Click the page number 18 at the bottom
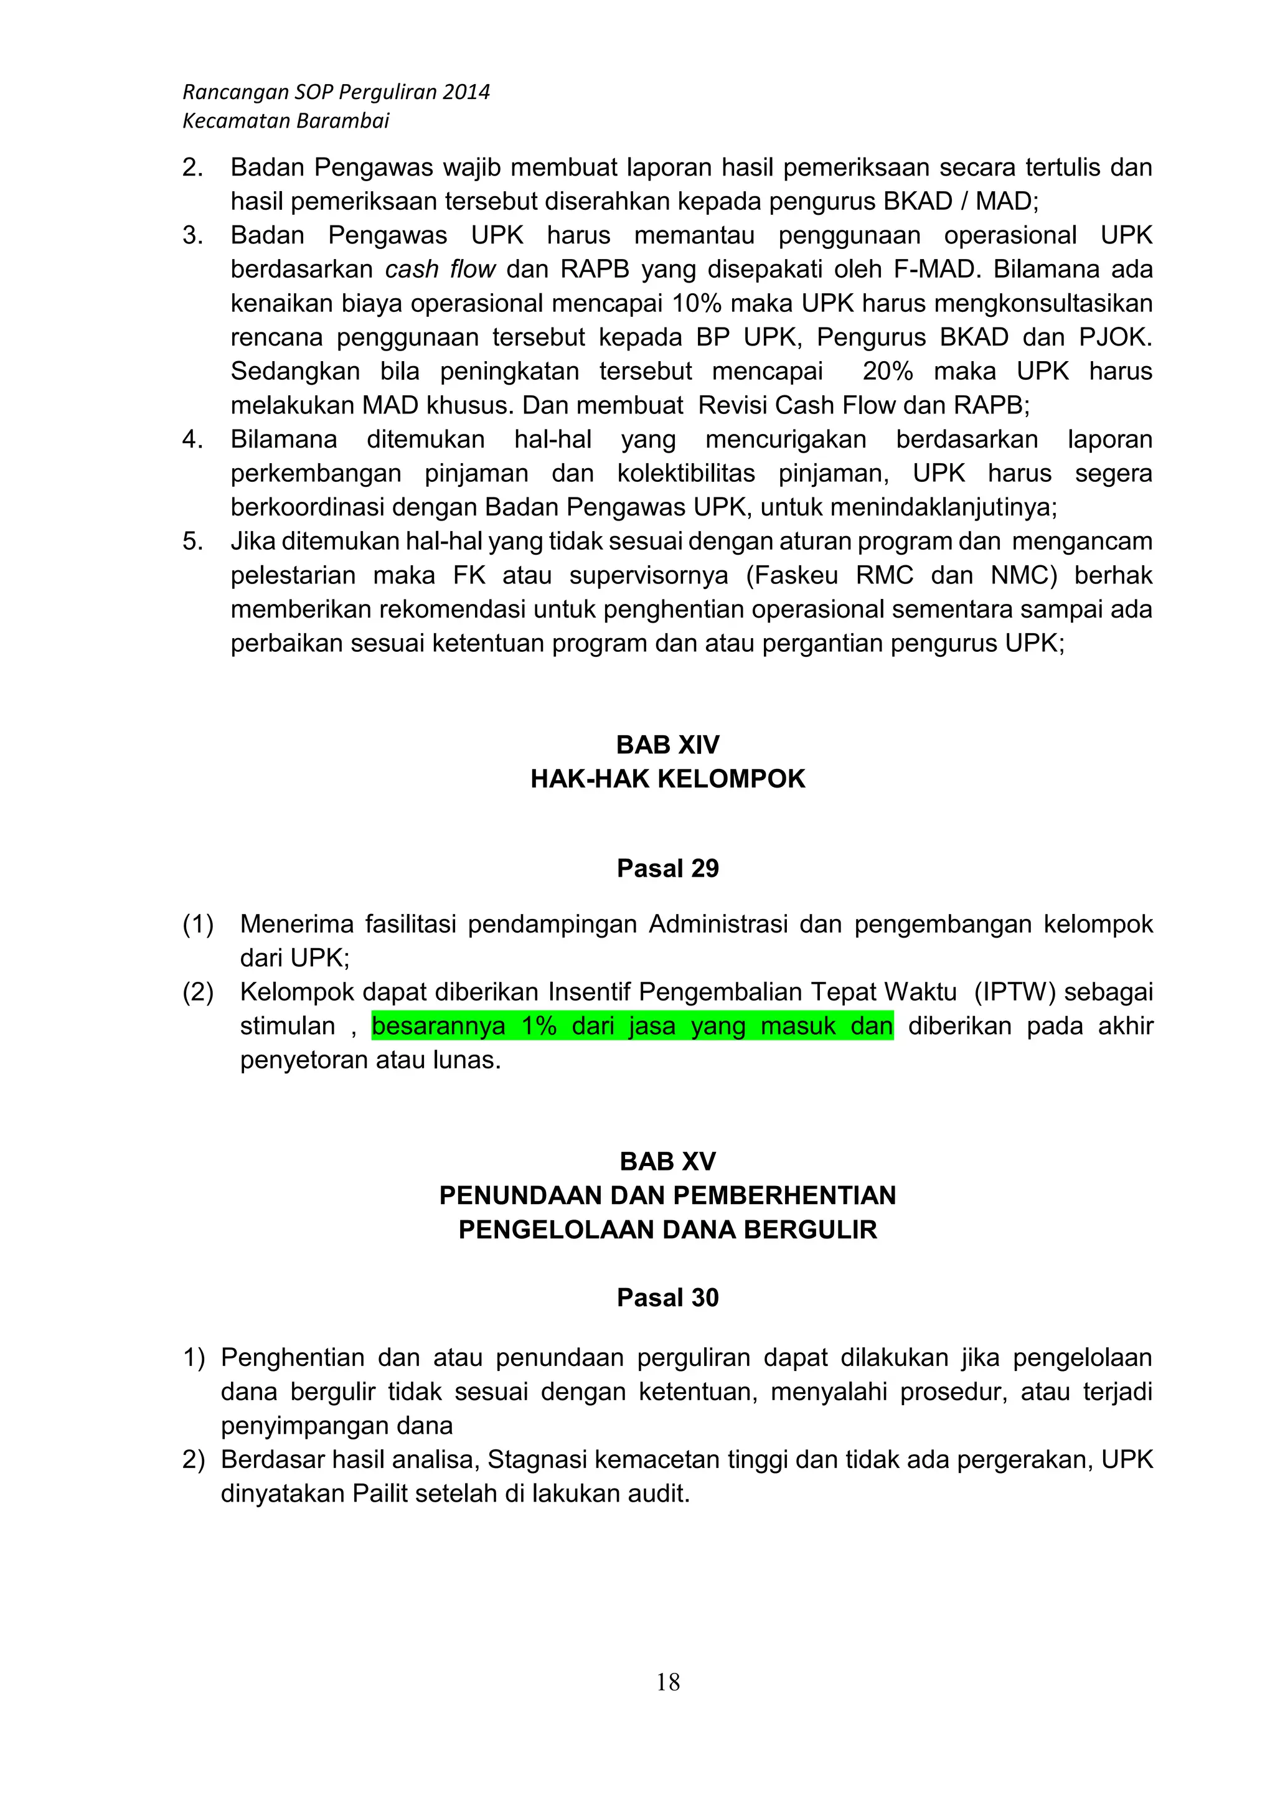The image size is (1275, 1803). (x=668, y=1682)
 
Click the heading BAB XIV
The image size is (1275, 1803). (x=668, y=745)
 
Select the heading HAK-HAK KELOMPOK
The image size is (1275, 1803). (x=668, y=779)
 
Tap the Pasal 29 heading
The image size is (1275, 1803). (x=668, y=869)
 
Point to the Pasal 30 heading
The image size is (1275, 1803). (x=668, y=1297)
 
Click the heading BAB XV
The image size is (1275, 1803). (x=668, y=1160)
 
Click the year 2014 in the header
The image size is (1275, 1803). (x=466, y=93)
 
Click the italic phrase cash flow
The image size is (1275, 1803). (x=440, y=270)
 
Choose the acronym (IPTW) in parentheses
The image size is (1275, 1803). (x=1014, y=992)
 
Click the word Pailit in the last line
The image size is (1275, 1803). (x=380, y=1494)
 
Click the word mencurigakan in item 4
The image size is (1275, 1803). (x=785, y=440)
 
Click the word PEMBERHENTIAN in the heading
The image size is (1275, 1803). (x=784, y=1195)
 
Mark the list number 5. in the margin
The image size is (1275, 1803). (x=192, y=542)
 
